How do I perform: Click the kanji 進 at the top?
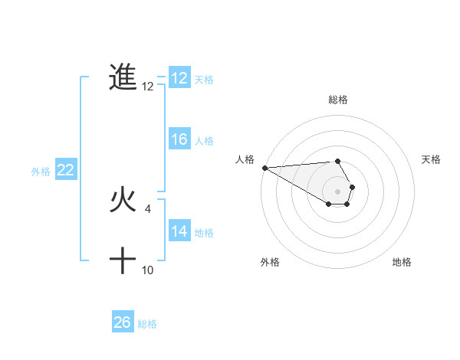pos(123,77)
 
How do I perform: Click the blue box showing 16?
pos(179,139)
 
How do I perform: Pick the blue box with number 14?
pos(179,231)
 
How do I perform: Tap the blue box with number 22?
pos(65,171)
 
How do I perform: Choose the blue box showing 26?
pos(123,322)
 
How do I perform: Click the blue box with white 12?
pos(179,78)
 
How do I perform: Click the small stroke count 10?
pos(148,270)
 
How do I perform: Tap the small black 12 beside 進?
pos(148,87)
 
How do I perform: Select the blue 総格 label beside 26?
pos(147,324)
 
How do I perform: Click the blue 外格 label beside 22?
pos(41,172)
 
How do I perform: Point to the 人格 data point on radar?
pos(264,168)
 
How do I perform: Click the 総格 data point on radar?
pos(337,161)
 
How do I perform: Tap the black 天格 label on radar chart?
pos(431,159)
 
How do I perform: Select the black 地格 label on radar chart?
pos(402,262)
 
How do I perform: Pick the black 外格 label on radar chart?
pos(270,262)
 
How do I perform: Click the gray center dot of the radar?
pos(337,191)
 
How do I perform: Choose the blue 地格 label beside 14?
pos(204,232)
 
